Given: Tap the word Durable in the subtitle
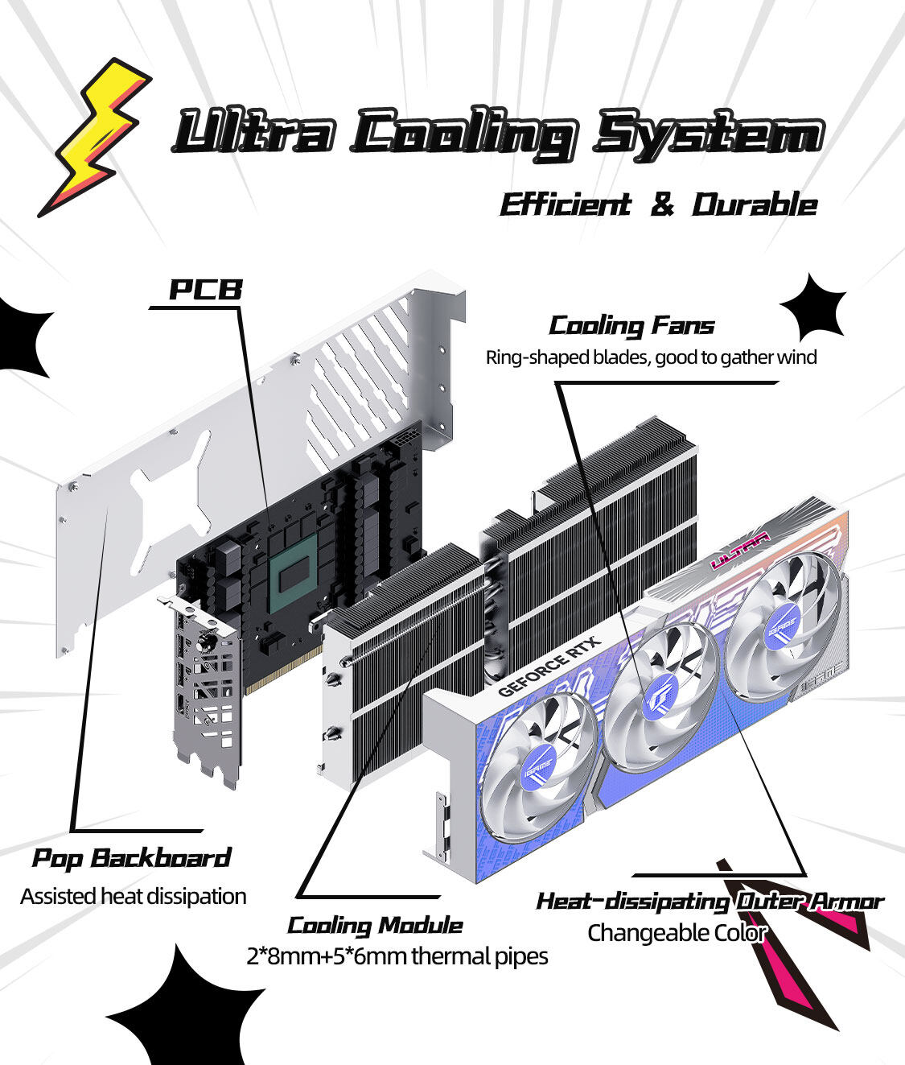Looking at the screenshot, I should tap(755, 204).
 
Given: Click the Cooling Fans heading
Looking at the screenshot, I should tap(631, 326).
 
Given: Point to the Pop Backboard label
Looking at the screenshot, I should tap(131, 858).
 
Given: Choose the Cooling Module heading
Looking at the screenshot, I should tap(375, 925).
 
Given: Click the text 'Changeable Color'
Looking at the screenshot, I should tap(677, 933).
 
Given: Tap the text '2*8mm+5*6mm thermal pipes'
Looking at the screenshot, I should tap(397, 956).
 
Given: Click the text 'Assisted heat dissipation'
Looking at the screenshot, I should tap(134, 896).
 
